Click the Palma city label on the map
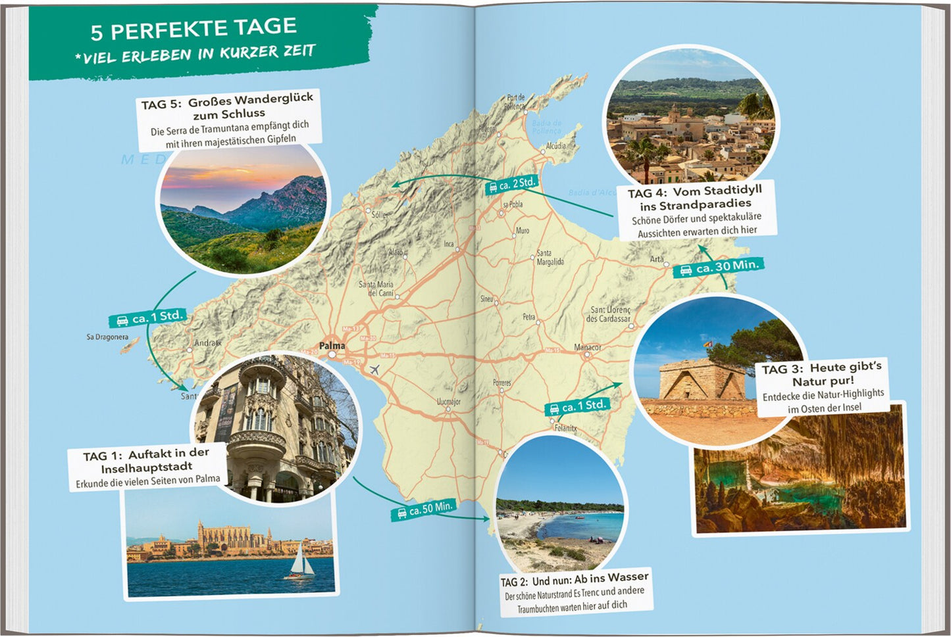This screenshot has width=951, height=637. (332, 345)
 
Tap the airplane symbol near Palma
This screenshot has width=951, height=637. (374, 369)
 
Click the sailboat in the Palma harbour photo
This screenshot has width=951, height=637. (299, 563)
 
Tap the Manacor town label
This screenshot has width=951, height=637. (587, 347)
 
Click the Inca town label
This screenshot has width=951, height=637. (449, 244)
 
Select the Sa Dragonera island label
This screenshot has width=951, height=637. (107, 337)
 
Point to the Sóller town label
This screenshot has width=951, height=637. (379, 215)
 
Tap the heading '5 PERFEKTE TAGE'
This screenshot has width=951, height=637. (193, 29)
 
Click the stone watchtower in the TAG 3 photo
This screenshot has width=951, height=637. (702, 381)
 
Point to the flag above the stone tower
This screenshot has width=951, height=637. (707, 343)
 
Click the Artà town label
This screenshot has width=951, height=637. (657, 259)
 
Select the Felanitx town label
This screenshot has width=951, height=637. (565, 428)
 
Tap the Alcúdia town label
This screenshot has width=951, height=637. (556, 145)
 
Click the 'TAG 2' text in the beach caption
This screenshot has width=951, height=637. (514, 582)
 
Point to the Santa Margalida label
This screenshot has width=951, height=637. (550, 257)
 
